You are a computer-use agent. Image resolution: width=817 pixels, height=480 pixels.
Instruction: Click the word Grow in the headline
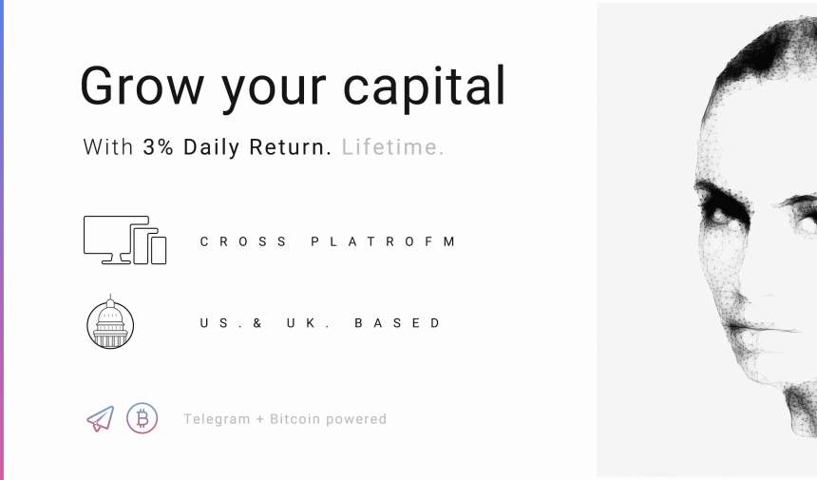coord(142,86)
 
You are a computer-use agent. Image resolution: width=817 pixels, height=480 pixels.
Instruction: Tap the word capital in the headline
coord(424,87)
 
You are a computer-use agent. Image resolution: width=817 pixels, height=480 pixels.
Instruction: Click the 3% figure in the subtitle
coord(159,147)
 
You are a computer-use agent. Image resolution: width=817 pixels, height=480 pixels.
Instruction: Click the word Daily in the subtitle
coord(211,147)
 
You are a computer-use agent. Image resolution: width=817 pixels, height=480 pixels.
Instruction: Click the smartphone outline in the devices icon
coord(158,250)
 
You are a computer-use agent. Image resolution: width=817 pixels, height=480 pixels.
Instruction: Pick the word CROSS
coord(243,241)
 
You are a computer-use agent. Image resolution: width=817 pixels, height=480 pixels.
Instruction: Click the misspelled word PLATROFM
coord(383,241)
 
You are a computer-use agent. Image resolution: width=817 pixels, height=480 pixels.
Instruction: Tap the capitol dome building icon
coord(110,322)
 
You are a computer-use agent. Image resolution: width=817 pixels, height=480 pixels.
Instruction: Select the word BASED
coord(397,323)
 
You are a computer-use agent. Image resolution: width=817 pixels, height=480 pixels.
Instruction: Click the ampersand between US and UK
coord(257,323)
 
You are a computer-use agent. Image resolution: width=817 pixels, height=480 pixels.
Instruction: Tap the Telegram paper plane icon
coord(101,419)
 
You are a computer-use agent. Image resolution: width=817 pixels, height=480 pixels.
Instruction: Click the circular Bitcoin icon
coord(142,418)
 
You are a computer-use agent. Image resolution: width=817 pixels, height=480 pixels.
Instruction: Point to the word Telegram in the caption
coord(217,419)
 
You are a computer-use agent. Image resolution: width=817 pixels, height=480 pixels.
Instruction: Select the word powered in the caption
coord(356,419)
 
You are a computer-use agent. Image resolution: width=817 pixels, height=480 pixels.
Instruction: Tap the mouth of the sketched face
coord(761,328)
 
